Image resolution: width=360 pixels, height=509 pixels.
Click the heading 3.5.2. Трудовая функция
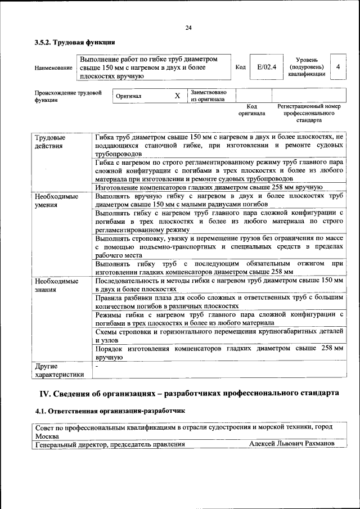(75, 42)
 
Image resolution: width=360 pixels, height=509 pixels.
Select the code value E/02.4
(266, 67)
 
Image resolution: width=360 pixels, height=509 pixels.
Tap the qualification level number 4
(337, 67)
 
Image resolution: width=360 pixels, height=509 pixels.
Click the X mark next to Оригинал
(177, 96)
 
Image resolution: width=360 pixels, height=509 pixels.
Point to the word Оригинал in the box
(129, 96)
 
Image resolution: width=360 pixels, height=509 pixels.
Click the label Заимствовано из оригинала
(209, 96)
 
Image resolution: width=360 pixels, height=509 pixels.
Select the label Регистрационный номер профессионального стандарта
(309, 113)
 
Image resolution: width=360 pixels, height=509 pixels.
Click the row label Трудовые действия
(50, 142)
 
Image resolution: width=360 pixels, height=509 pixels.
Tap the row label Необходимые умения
(56, 201)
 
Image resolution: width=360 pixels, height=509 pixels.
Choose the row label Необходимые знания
(56, 285)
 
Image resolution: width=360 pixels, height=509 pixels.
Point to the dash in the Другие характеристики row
(97, 366)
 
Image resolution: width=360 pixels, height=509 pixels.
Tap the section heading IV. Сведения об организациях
(188, 391)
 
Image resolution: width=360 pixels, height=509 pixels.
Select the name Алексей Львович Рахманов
(291, 444)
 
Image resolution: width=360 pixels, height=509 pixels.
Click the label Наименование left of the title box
(53, 68)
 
